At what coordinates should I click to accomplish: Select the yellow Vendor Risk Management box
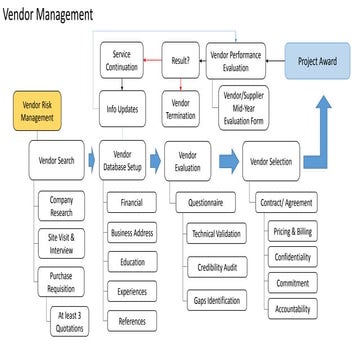[38, 112]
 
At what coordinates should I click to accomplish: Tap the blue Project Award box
[317, 61]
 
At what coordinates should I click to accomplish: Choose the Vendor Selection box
[270, 161]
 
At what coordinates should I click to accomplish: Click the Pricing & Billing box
[292, 231]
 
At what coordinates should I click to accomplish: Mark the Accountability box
[292, 309]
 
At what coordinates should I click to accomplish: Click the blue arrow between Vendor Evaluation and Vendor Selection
[227, 161]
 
